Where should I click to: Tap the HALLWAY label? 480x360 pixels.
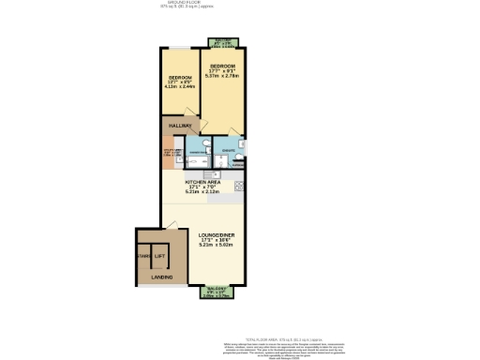pos(180,125)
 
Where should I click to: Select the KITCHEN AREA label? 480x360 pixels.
pos(202,182)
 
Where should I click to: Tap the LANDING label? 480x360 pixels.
pos(161,303)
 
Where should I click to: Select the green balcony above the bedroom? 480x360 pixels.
pos(223,42)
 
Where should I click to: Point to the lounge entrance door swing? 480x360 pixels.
pos(169,225)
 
